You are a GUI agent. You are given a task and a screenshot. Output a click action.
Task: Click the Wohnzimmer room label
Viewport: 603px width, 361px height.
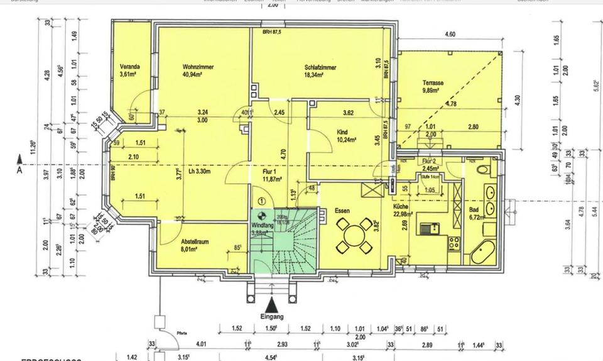[x=196, y=66]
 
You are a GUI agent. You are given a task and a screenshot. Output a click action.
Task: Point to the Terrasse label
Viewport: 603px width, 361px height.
[x=433, y=83]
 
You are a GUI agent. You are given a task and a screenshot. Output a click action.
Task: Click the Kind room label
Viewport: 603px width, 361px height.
[x=342, y=131]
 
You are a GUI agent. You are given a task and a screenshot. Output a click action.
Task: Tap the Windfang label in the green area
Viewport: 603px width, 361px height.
[x=261, y=225]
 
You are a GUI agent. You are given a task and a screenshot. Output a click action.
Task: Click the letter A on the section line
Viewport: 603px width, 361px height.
[x=19, y=169]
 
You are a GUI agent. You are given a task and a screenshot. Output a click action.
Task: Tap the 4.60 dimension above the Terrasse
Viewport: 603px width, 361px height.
[x=450, y=35]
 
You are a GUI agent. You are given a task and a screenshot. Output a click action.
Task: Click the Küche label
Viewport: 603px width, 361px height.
[x=403, y=208]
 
